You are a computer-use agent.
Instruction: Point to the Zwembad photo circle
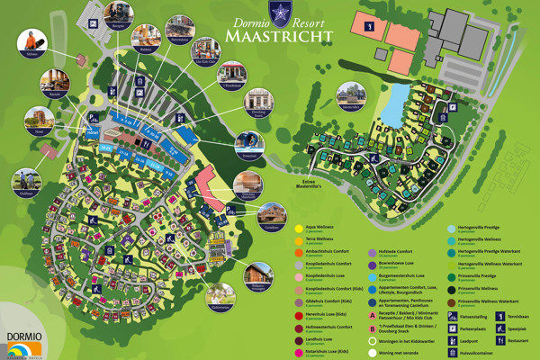click(249, 143)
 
